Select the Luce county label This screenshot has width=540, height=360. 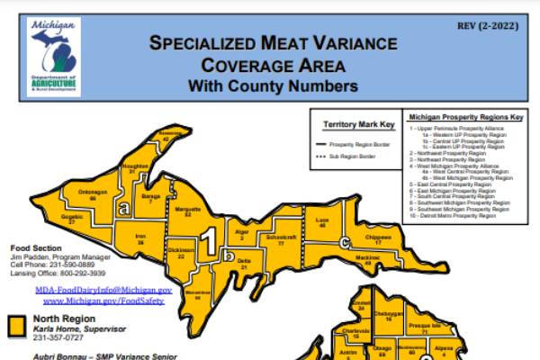323,222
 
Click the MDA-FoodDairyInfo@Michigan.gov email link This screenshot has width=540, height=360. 103,292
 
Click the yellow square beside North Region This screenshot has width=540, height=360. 16,325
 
